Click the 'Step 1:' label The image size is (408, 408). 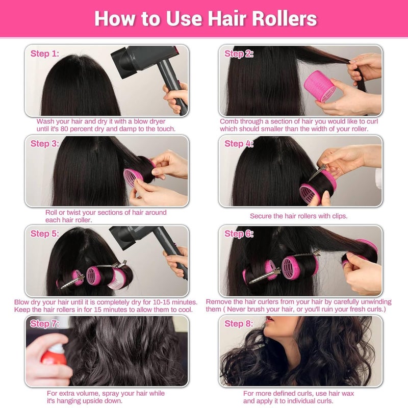45,54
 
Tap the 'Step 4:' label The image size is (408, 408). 239,144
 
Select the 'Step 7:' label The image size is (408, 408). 45,323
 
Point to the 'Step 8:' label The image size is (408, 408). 239,323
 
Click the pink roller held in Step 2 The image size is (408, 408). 319,87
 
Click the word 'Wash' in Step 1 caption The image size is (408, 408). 45,121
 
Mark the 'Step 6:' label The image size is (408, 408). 239,234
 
